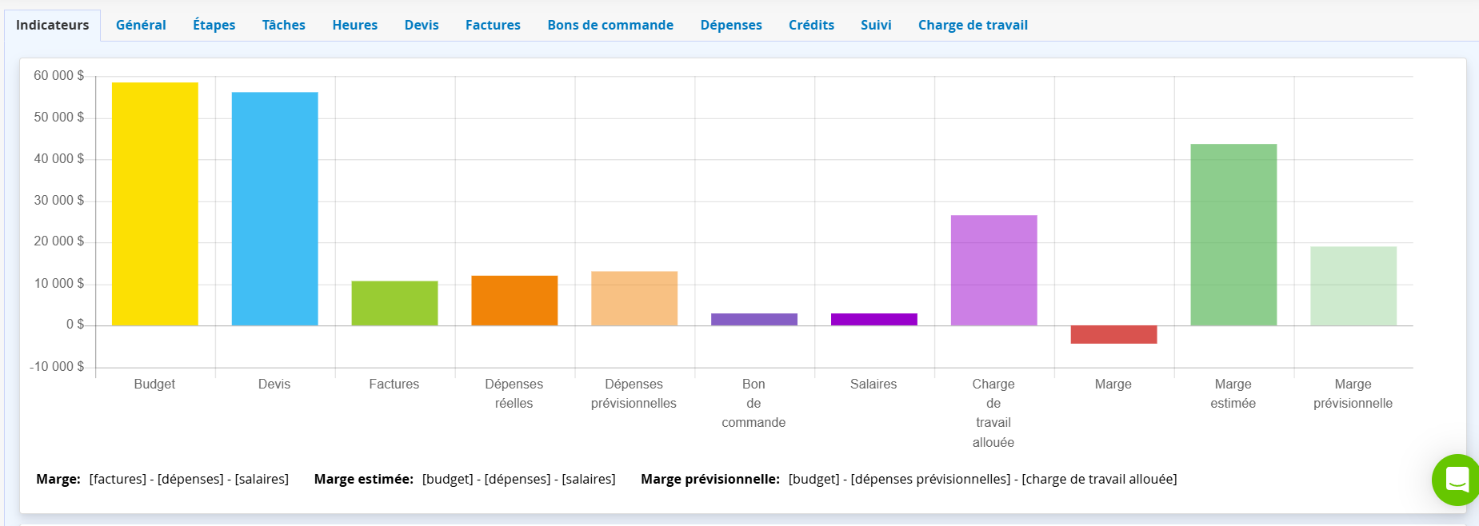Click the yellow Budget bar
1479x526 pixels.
pos(154,204)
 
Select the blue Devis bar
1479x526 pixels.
pos(274,209)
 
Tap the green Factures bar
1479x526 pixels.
pos(394,303)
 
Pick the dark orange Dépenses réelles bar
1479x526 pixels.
pos(514,301)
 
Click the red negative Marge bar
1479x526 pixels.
pos(1113,334)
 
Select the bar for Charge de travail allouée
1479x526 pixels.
pos(993,270)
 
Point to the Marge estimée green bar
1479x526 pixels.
pos(1233,234)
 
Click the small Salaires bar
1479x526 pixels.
pos(873,319)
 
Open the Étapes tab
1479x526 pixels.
pos(214,25)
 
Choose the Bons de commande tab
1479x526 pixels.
pos(610,25)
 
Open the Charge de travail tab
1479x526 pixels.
pos(973,25)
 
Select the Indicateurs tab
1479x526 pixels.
pos(52,25)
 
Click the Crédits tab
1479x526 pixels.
pos(811,25)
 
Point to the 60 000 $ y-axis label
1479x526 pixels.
pos(58,76)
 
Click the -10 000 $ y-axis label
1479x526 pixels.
pos(57,367)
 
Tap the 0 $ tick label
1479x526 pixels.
pos(75,325)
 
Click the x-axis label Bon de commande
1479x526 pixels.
pos(753,403)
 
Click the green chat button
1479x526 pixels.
pos(1457,480)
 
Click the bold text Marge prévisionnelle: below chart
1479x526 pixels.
pos(710,479)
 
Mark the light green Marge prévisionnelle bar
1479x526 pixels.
pos(1353,285)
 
